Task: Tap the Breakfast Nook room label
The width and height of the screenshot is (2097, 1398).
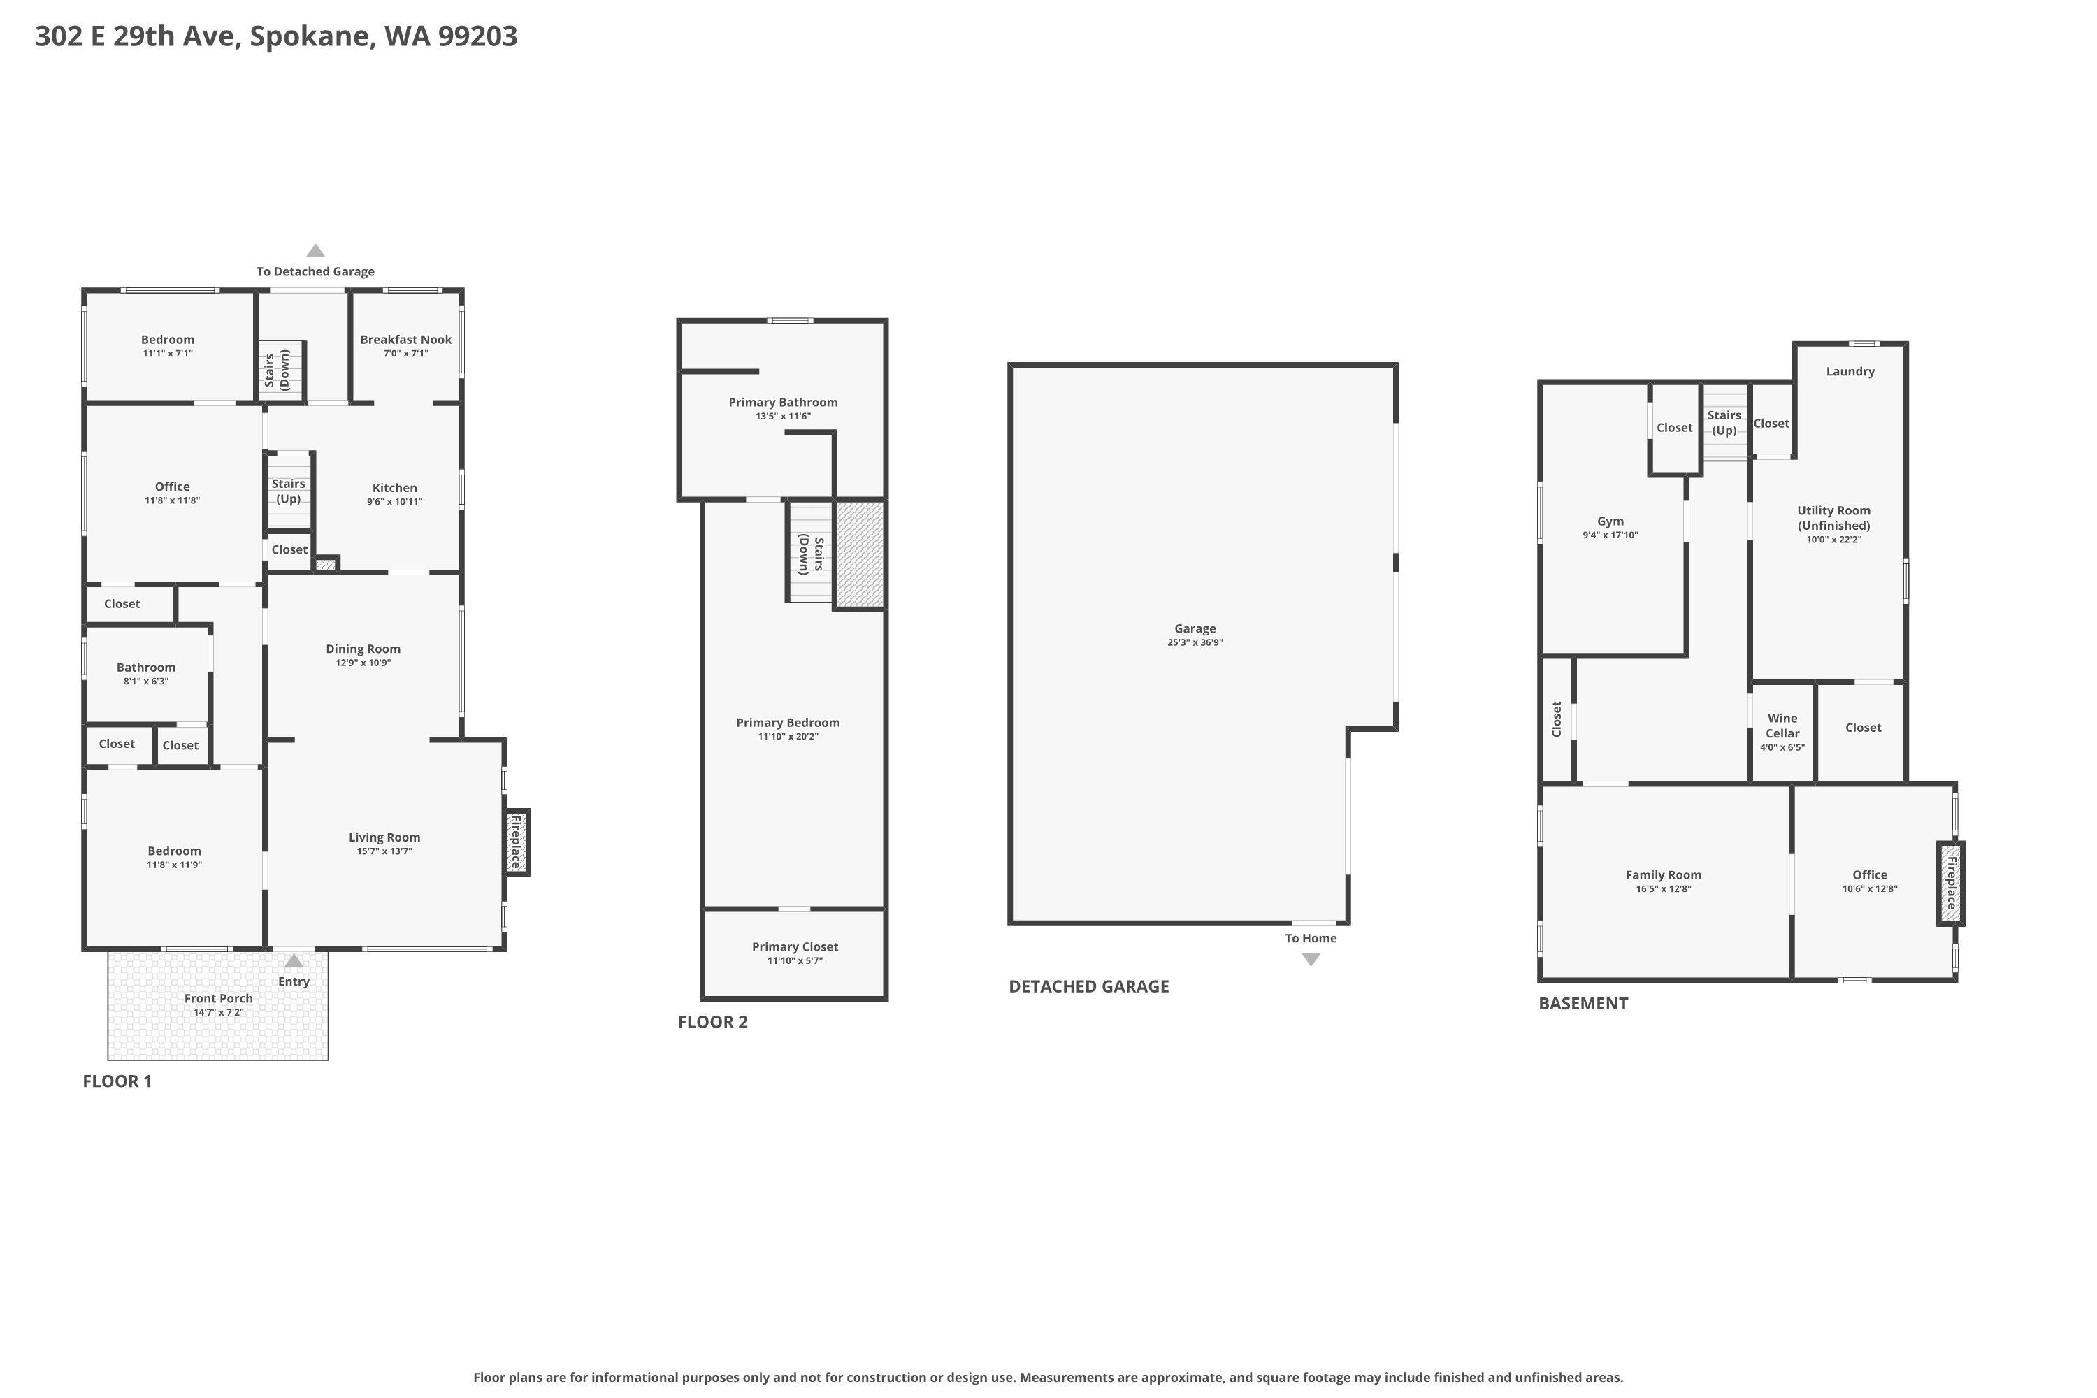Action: pos(405,340)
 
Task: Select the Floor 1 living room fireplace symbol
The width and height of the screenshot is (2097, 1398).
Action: pos(517,842)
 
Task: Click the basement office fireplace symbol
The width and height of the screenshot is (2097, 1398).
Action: pos(1950,883)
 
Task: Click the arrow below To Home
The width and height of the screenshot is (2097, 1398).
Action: pos(1311,959)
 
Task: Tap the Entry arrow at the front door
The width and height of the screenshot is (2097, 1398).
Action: pos(294,961)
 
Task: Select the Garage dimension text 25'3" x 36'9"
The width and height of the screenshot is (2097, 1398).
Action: pos(1195,643)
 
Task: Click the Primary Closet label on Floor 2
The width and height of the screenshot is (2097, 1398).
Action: pos(794,947)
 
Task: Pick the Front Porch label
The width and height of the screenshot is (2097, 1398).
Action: pos(218,999)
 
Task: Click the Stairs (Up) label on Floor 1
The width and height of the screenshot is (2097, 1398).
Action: pos(288,491)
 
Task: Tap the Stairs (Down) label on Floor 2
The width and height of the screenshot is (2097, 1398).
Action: pos(810,554)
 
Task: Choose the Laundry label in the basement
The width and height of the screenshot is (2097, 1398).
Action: pos(1850,372)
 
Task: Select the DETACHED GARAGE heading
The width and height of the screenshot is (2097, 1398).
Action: pos(1088,986)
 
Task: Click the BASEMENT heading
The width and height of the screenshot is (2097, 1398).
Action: pos(1583,1003)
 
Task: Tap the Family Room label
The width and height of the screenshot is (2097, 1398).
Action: pos(1663,876)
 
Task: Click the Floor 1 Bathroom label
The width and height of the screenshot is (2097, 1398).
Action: pos(146,668)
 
